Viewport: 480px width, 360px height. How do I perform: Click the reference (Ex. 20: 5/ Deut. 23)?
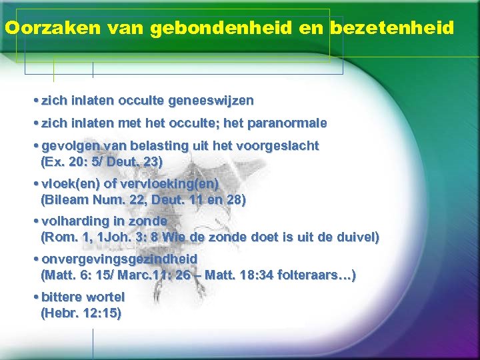pos(101,161)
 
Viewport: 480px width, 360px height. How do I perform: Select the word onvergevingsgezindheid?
pos(119,259)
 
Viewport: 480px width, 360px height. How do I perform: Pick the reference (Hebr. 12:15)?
pos(81,313)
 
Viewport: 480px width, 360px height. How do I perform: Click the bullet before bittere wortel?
pos(35,297)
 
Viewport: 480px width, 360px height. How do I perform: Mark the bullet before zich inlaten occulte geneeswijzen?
pos(35,101)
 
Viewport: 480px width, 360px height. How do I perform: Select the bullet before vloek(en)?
pos(35,184)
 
